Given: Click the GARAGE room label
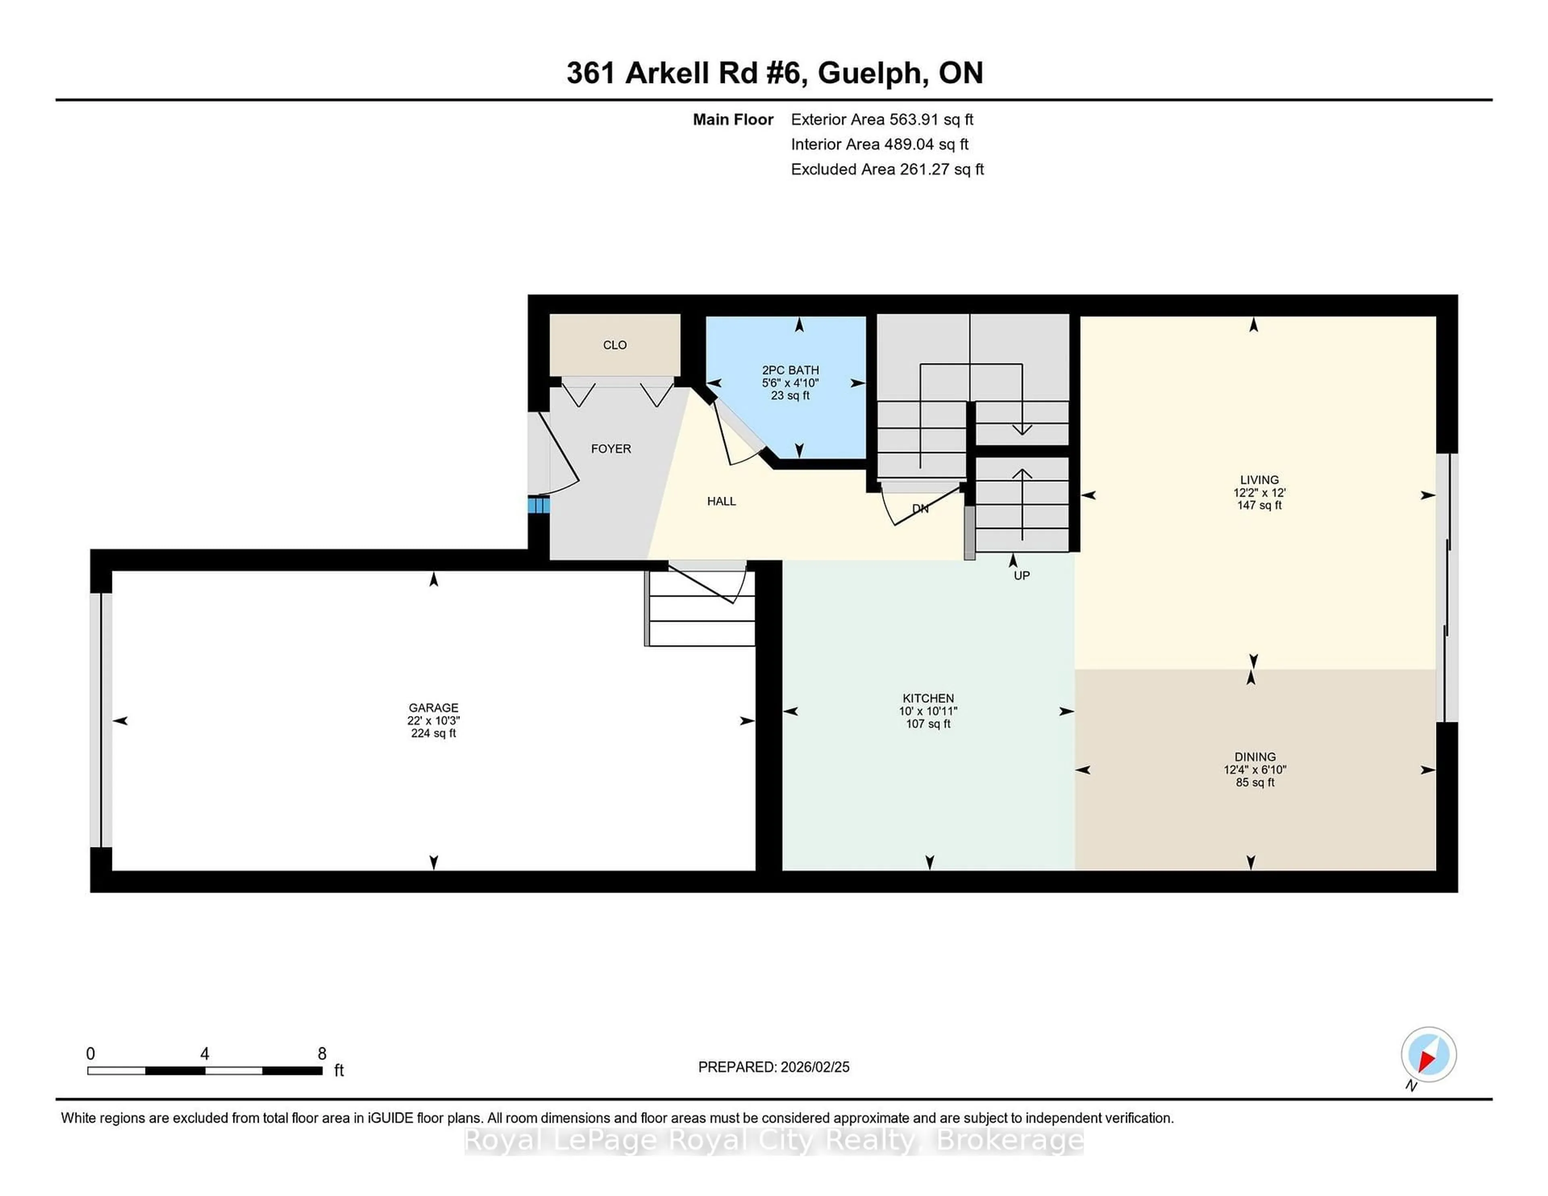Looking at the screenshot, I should [433, 708].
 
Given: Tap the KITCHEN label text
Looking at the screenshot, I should [928, 698].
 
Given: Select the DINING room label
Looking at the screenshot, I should [1255, 757].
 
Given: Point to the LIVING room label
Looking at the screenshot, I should [1259, 480].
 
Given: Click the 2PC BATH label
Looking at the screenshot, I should [790, 370].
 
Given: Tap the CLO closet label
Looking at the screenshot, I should [614, 345].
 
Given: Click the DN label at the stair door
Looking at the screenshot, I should [920, 508].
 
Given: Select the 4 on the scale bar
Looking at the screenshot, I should [205, 1054].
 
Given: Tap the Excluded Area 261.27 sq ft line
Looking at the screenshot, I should [887, 169].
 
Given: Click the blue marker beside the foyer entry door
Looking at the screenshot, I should [538, 505].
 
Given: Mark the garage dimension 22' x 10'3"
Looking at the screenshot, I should [433, 720].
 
